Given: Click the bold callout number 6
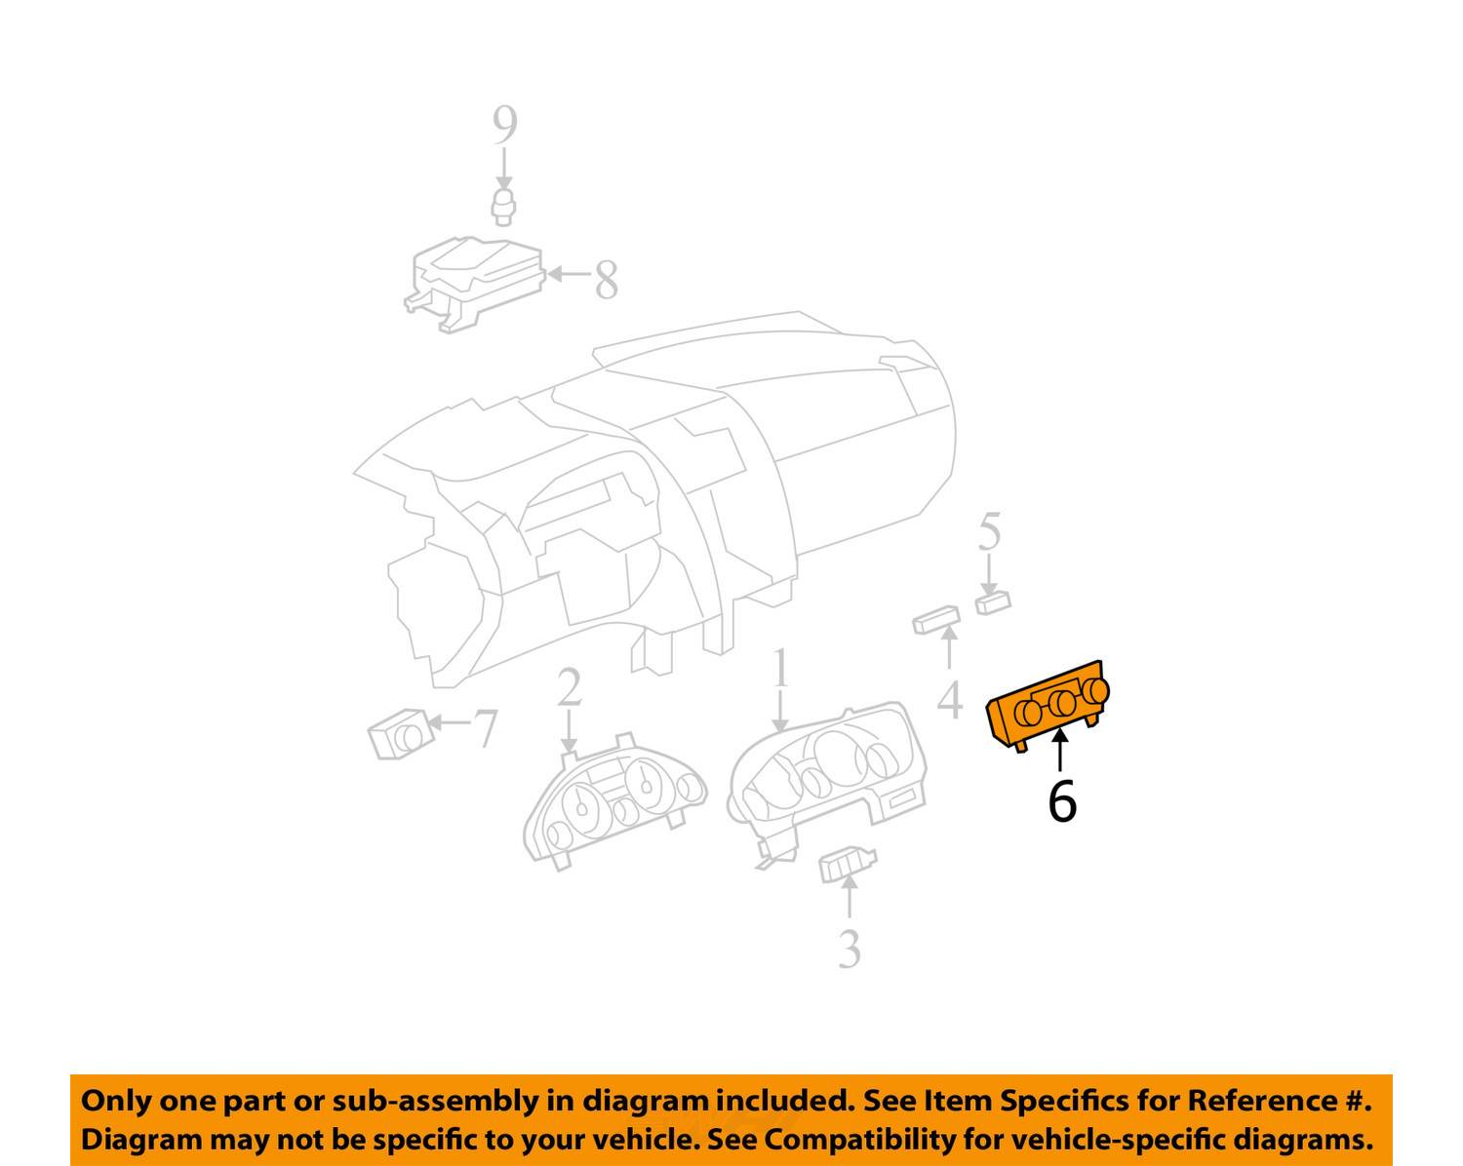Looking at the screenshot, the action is coord(1062,801).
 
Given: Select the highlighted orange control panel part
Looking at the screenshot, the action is coord(1048,707).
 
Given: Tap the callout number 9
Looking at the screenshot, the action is coord(504,126).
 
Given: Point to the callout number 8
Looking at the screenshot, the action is coord(607,280).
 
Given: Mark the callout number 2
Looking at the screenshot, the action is coord(569,687).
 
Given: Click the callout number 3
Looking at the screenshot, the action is coord(850,950).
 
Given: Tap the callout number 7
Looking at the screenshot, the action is coord(486,728).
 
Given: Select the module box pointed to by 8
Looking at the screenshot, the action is coord(475,284).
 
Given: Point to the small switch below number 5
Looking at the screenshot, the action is coord(993,602).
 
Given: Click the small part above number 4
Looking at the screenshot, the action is coord(936,620).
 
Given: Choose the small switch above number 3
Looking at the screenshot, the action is coord(848,865).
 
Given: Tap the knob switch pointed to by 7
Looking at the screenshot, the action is coord(401,734).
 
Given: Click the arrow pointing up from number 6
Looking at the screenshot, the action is coord(1059,750).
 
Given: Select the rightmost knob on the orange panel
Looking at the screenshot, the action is coord(1096,692).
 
